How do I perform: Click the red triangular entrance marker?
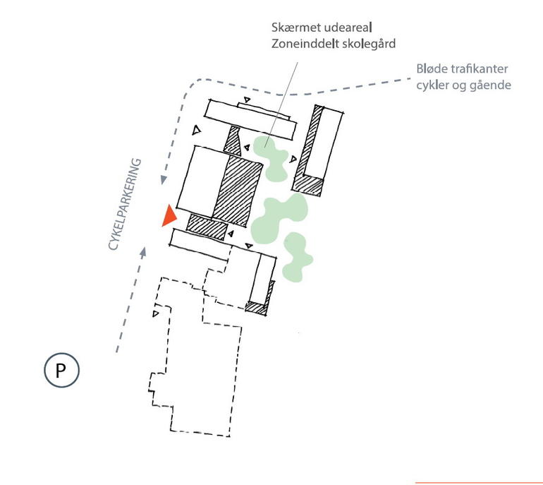168,216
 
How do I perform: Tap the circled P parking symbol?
61,371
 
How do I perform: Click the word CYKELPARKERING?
125,205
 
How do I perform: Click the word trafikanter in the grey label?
481,69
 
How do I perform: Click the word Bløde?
432,69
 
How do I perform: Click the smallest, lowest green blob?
298,258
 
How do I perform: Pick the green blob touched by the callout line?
271,156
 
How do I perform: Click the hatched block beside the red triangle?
206,226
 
